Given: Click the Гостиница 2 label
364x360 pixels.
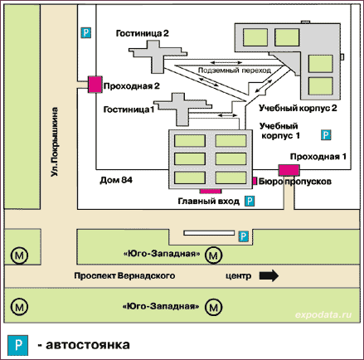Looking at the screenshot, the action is [142, 33].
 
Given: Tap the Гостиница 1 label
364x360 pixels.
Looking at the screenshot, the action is [129, 109].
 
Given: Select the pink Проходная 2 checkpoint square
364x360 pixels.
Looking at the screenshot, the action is [95, 85].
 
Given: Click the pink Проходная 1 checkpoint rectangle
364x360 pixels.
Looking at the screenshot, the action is [289, 170].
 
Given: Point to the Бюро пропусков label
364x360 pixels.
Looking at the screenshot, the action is [295, 182].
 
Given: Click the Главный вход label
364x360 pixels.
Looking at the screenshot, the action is [209, 201].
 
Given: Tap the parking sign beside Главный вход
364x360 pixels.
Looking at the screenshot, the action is [250, 201].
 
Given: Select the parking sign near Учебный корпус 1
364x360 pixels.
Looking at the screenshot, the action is [326, 135].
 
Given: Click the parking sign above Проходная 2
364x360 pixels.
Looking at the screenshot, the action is [86, 33].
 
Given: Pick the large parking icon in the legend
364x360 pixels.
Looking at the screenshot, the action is [18, 345].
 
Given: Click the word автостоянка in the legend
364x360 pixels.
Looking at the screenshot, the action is [88, 345].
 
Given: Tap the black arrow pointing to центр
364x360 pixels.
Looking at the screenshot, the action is [269, 275].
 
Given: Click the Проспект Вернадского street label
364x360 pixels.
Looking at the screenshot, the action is [124, 275].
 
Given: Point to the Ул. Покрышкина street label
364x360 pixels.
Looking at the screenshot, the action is [55, 142].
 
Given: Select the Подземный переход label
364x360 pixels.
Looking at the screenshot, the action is [235, 71].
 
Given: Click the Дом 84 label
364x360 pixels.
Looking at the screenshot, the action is [116, 180].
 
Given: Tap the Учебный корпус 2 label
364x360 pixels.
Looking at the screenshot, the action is [298, 108].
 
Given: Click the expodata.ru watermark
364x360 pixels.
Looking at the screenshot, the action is [323, 314].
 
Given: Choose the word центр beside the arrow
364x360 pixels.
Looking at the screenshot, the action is [239, 276].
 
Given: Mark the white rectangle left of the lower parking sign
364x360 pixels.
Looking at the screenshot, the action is [209, 233].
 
